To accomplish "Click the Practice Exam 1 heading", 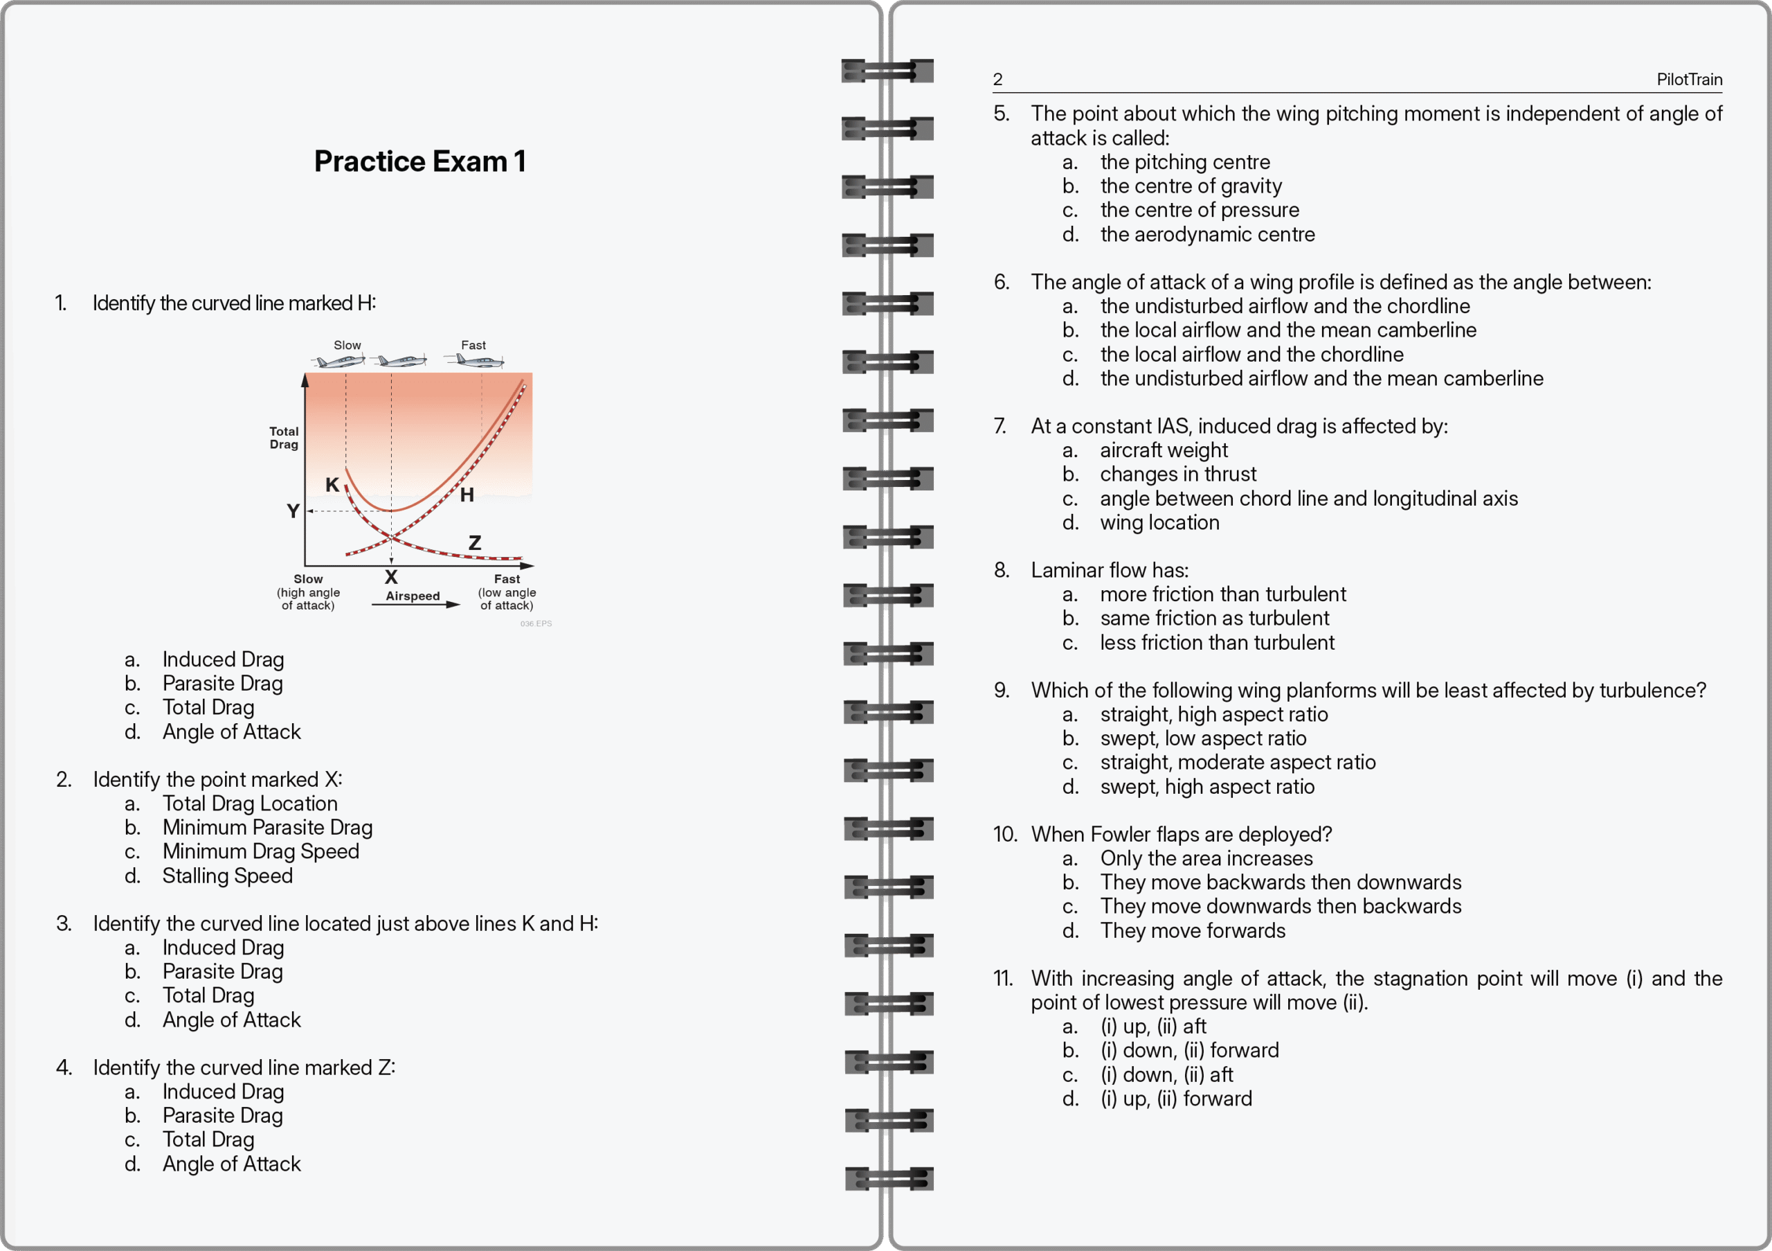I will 420,161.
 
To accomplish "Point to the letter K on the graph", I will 332,485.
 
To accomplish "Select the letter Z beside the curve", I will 475,543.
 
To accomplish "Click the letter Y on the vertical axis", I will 293,511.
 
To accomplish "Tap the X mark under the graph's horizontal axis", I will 391,577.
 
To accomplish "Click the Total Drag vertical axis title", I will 283,438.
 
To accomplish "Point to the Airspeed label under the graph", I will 413,596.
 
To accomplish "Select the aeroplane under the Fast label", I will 475,361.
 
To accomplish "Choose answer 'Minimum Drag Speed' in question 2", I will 260,851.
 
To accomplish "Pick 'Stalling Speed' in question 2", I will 227,876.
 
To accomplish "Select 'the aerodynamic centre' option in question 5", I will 1207,234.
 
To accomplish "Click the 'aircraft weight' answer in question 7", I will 1163,450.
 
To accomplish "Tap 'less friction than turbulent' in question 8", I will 1216,643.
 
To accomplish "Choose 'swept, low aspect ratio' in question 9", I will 1202,738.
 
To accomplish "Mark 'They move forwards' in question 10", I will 1193,930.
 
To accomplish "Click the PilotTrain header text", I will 1689,80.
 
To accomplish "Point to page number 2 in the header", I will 998,80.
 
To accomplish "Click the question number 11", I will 1002,978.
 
